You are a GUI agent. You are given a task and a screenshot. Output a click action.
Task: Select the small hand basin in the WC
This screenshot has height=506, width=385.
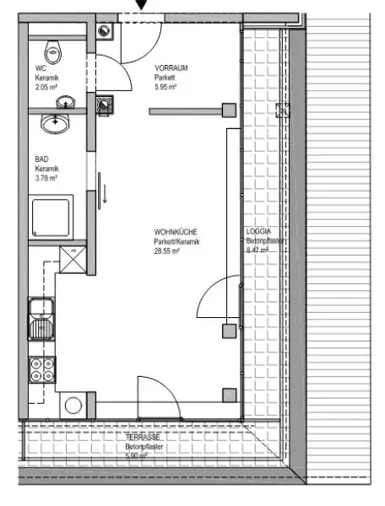coord(65,102)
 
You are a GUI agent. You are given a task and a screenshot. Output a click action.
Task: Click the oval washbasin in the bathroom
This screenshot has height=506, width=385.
coord(56,123)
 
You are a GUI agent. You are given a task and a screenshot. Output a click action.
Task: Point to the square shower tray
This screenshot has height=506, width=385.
coord(52,217)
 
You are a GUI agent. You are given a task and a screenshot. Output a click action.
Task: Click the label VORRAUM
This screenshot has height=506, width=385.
coord(169,67)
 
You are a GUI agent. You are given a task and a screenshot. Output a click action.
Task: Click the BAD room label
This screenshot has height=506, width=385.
coord(41,159)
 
